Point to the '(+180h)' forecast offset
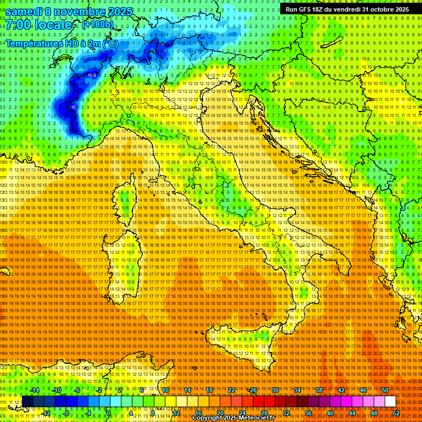coord(98,24)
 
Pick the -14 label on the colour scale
coord(36,390)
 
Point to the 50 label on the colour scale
coord(385,390)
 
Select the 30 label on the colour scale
coord(275,390)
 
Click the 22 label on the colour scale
coord(231,390)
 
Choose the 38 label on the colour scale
coord(319,390)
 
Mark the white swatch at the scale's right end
coord(390,401)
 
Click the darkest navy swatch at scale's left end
coord(27,401)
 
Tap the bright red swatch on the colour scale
coord(258,401)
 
